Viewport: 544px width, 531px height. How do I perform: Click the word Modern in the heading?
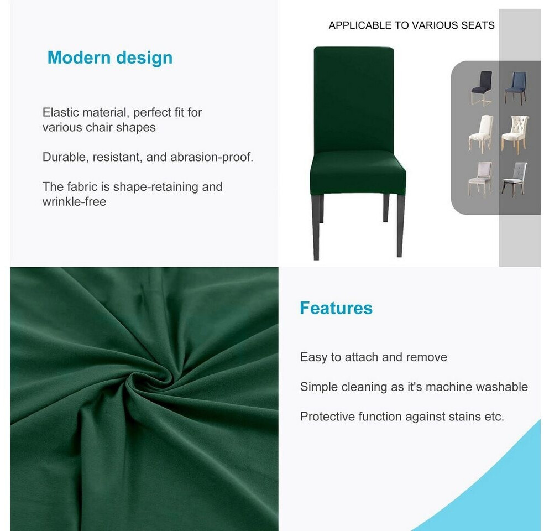click(79, 58)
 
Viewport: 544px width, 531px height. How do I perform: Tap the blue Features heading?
click(336, 308)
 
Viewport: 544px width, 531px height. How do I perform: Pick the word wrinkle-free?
click(74, 202)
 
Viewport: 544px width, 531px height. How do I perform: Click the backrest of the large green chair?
click(353, 100)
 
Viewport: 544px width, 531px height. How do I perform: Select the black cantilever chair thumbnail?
click(482, 88)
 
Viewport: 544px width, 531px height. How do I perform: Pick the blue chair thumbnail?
click(516, 87)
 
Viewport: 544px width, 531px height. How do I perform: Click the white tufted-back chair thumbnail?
click(516, 133)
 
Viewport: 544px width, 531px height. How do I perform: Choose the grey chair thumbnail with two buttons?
click(515, 178)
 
